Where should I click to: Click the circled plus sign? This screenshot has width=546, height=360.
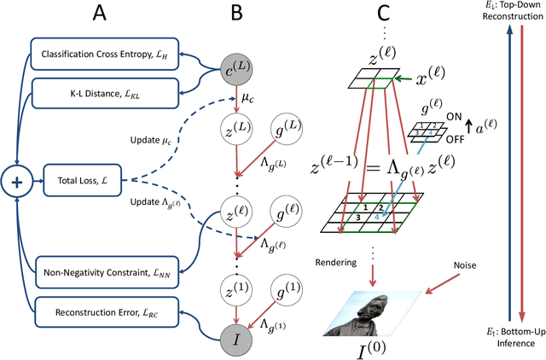(x=15, y=181)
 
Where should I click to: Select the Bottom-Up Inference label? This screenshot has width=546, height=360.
(x=511, y=338)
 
